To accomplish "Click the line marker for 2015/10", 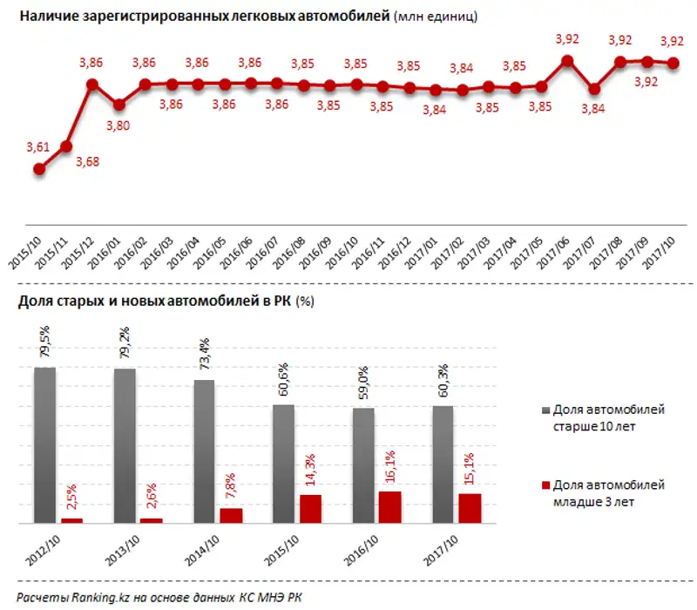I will [x=39, y=169].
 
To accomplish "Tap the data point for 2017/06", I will [x=567, y=61].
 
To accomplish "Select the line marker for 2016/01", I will [x=118, y=105].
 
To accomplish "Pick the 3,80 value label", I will [x=118, y=125].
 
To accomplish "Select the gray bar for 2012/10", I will [x=45, y=445].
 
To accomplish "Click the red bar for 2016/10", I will [x=390, y=507].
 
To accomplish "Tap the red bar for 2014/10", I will [x=230, y=515].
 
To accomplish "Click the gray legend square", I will [x=546, y=408].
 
